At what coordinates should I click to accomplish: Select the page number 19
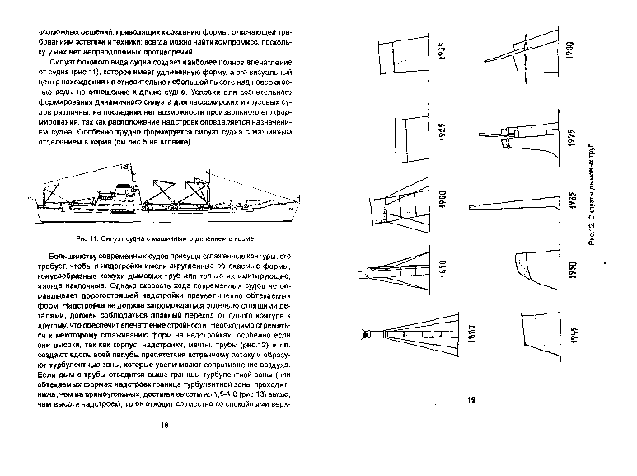tap(473, 401)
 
